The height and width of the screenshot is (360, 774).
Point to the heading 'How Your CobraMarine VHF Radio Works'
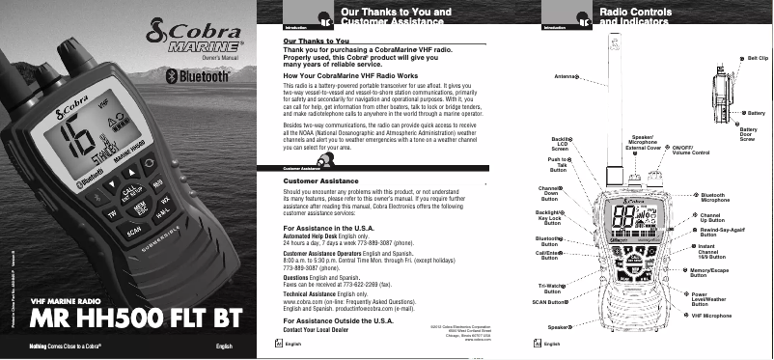coord(351,75)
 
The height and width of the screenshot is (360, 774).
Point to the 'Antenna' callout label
coord(567,75)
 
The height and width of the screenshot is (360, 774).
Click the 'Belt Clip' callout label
coord(758,59)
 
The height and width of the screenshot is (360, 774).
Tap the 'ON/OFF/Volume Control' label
coord(691,151)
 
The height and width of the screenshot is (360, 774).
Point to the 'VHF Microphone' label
coord(712,316)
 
